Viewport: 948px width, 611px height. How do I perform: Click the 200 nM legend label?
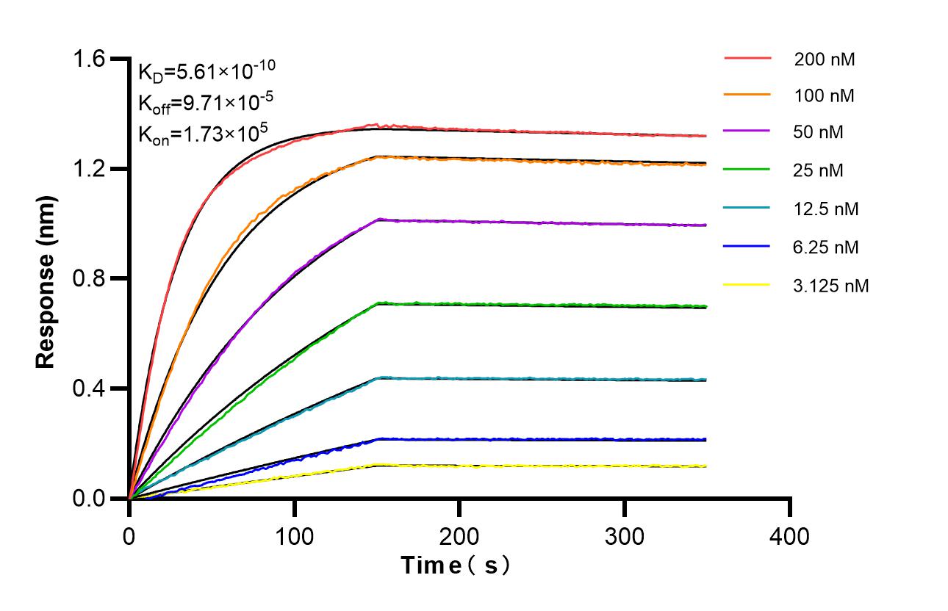pyautogui.click(x=824, y=59)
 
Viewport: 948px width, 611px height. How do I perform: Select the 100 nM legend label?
pyautogui.click(x=824, y=95)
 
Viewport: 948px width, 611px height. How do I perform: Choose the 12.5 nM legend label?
pyautogui.click(x=826, y=209)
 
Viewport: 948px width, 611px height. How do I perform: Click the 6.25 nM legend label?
pyautogui.click(x=826, y=247)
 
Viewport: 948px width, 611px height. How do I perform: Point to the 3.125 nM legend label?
pyautogui.click(x=831, y=286)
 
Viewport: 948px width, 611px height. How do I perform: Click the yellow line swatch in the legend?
pyautogui.click(x=747, y=284)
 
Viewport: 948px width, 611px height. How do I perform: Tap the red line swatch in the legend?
pyautogui.click(x=747, y=57)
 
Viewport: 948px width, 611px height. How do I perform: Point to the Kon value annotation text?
pyautogui.click(x=202, y=134)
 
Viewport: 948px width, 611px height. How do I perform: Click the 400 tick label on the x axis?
pyautogui.click(x=790, y=537)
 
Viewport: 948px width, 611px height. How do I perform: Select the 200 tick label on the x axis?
pyautogui.click(x=459, y=537)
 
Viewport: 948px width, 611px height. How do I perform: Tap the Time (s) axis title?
pyautogui.click(x=456, y=566)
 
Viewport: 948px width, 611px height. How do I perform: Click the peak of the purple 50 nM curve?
pyautogui.click(x=378, y=219)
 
